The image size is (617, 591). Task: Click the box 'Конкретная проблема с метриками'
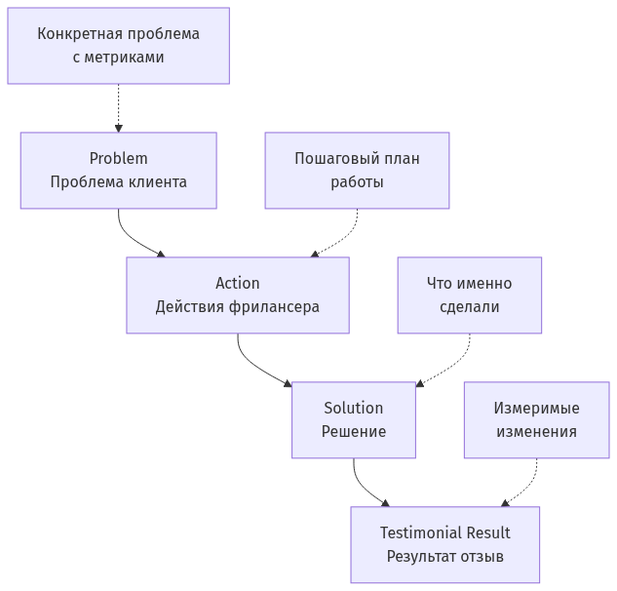pyautogui.click(x=118, y=46)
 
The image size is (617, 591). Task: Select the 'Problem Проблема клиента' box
pyautogui.click(x=118, y=171)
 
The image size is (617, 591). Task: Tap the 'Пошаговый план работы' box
pyautogui.click(x=357, y=171)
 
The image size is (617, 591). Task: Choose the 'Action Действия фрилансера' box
pyautogui.click(x=237, y=295)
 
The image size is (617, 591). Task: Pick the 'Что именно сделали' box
pyautogui.click(x=469, y=295)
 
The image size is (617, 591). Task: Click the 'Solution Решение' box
pyautogui.click(x=353, y=419)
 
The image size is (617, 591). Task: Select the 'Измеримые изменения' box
pyautogui.click(x=535, y=419)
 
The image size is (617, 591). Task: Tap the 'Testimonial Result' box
pyautogui.click(x=444, y=544)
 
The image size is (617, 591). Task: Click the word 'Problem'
pyautogui.click(x=118, y=159)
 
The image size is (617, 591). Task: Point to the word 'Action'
pyautogui.click(x=237, y=283)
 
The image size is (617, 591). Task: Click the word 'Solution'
pyautogui.click(x=353, y=408)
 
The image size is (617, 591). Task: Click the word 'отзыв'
pyautogui.click(x=482, y=557)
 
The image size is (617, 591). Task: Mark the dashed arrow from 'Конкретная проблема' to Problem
pyautogui.click(x=118, y=107)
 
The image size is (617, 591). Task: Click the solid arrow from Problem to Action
pyautogui.click(x=131, y=236)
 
